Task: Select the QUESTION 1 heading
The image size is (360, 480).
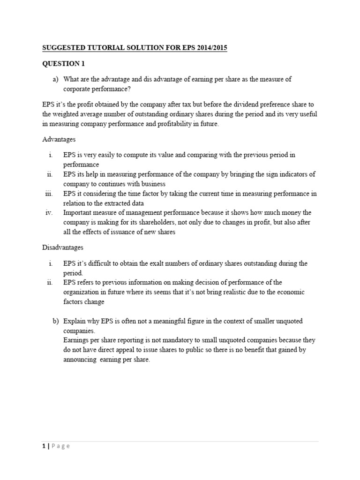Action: (x=64, y=64)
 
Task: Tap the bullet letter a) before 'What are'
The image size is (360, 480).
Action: (x=56, y=79)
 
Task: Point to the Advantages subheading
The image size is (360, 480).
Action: (x=59, y=139)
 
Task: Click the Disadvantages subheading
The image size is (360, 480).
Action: (x=63, y=247)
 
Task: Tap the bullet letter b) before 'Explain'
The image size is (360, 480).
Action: (x=56, y=321)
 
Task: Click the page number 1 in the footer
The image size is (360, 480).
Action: (x=44, y=446)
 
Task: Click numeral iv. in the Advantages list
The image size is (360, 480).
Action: (x=48, y=213)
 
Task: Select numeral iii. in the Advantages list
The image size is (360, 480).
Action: (x=49, y=193)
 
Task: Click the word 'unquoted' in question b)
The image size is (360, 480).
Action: (x=288, y=321)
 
